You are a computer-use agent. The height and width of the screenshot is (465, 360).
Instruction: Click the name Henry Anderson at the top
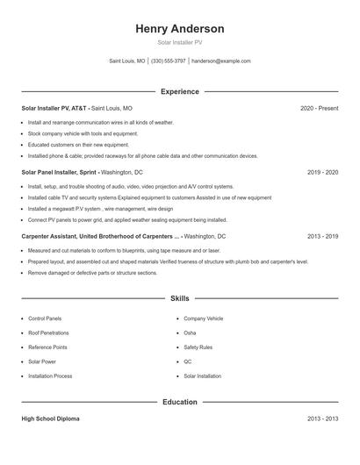(x=180, y=29)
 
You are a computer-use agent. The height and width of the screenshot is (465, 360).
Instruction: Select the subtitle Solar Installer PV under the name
(x=180, y=42)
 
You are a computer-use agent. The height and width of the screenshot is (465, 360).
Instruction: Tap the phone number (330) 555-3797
(x=169, y=61)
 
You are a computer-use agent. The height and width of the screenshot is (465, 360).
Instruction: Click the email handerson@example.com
(x=221, y=61)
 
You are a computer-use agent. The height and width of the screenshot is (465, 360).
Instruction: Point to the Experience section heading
(x=180, y=91)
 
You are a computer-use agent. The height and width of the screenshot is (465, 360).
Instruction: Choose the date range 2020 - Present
(x=319, y=108)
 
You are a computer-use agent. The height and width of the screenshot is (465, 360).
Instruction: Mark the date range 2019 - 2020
(x=322, y=172)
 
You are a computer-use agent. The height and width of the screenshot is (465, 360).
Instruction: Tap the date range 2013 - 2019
(x=322, y=236)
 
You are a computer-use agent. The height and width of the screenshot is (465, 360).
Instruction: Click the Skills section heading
(x=180, y=298)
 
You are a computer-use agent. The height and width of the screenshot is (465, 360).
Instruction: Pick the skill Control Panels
(x=46, y=318)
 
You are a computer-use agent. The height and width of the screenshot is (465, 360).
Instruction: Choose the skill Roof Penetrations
(x=48, y=333)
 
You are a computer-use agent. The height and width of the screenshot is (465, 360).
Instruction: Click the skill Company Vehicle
(x=204, y=318)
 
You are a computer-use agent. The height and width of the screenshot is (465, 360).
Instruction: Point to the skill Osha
(x=190, y=333)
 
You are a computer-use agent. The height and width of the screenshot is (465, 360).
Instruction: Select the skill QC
(x=188, y=361)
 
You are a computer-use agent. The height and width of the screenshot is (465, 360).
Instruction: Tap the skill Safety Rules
(x=198, y=347)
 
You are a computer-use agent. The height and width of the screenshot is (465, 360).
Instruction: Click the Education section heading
(x=180, y=402)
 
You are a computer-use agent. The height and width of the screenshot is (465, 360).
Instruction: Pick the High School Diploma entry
(x=51, y=419)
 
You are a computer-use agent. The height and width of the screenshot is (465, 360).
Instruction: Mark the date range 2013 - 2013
(x=322, y=419)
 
